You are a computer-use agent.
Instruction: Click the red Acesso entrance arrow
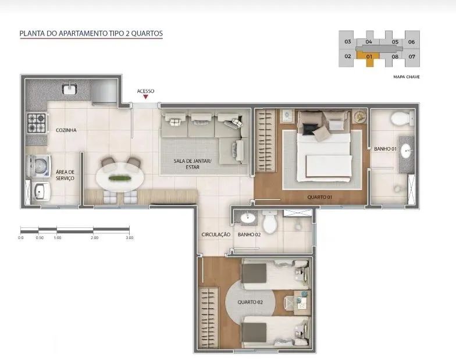click(x=145, y=97)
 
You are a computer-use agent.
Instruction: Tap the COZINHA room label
click(x=66, y=130)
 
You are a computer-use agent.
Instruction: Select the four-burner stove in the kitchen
click(x=37, y=123)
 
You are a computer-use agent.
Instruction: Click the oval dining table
click(x=120, y=178)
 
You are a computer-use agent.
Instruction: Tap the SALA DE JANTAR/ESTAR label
click(x=193, y=164)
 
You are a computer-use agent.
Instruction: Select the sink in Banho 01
click(x=406, y=151)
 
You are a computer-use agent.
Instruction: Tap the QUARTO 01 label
click(x=320, y=197)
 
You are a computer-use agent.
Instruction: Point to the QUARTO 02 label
click(x=250, y=302)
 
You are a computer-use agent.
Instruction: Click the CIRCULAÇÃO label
click(x=216, y=234)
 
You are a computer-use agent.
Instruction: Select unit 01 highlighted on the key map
click(x=369, y=58)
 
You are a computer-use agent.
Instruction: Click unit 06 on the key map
click(x=411, y=42)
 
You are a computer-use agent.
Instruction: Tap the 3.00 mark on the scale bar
click(x=129, y=237)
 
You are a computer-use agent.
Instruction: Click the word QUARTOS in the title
click(x=147, y=34)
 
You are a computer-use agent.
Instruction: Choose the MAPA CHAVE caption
click(x=406, y=77)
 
